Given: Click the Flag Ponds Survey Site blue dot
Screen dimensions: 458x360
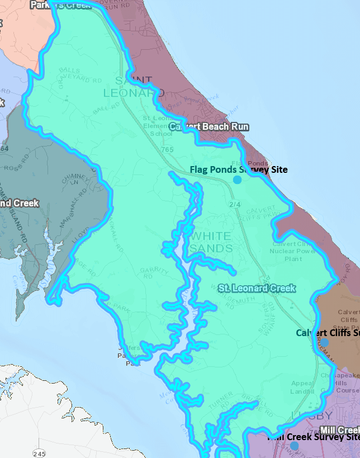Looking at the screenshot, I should [238, 180].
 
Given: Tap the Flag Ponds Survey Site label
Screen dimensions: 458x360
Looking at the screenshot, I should [239, 169].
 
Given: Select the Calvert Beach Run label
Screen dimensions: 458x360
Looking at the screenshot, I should [209, 127].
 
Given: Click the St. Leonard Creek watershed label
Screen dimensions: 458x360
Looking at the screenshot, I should [257, 288].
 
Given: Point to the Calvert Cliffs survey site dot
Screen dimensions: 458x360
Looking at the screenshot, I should [325, 341].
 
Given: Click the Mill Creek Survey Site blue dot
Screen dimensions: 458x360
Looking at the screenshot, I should [294, 446].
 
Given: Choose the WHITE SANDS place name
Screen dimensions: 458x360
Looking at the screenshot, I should [211, 240].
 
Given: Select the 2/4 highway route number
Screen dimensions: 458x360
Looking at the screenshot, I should [234, 205].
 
